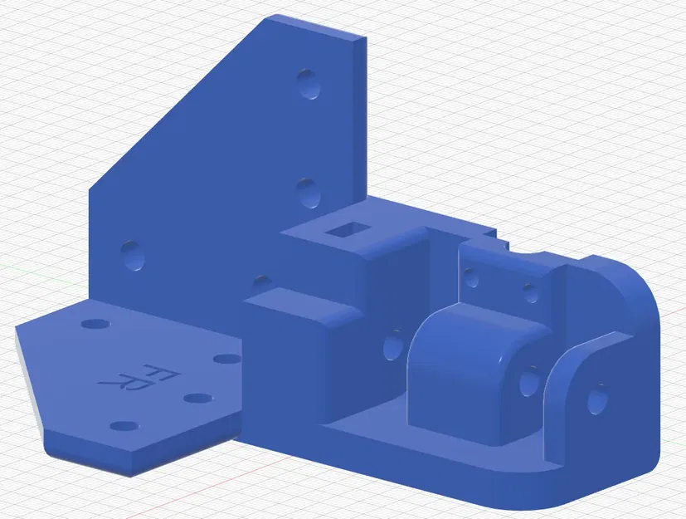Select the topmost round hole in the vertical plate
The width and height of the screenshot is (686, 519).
click(x=311, y=85)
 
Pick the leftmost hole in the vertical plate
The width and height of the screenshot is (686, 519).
click(x=133, y=255)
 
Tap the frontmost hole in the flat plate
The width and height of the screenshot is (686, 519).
click(x=124, y=427)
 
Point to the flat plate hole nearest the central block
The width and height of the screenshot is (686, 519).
click(x=226, y=359)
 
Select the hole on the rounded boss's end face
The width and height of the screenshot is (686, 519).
click(x=528, y=382)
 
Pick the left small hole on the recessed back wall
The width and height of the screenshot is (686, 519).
click(x=472, y=277)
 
